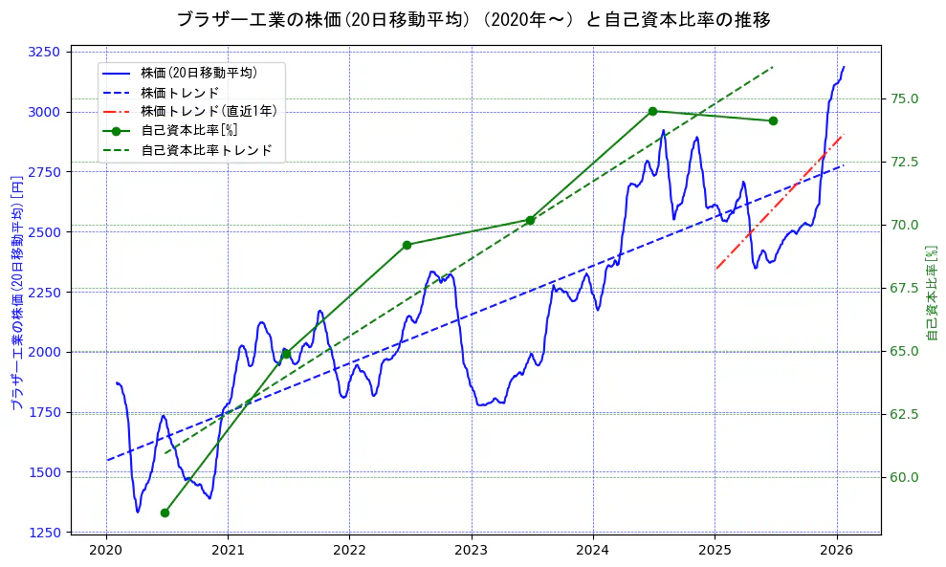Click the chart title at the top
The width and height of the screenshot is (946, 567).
click(x=473, y=19)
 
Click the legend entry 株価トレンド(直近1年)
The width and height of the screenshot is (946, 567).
click(x=209, y=111)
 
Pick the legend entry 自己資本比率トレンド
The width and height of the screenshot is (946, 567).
click(x=207, y=151)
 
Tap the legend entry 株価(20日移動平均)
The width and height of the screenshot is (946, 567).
click(x=199, y=72)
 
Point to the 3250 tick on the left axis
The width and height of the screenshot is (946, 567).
click(x=44, y=52)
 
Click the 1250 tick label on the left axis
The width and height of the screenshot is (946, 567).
click(x=44, y=533)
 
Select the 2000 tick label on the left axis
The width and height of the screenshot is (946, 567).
click(x=44, y=352)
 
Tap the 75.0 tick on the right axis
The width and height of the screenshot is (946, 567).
click(x=905, y=98)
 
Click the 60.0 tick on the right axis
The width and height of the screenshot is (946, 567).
click(x=905, y=477)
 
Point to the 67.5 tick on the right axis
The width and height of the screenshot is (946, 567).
click(x=905, y=288)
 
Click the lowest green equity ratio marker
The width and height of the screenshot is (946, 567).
click(x=165, y=512)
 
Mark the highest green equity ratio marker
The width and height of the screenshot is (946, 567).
click(x=652, y=111)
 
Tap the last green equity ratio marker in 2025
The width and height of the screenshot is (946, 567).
click(x=773, y=120)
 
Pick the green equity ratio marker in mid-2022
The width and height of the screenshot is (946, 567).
click(x=407, y=245)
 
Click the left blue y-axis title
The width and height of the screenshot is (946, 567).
click(x=16, y=293)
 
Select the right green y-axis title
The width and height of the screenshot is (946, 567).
click(x=933, y=293)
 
